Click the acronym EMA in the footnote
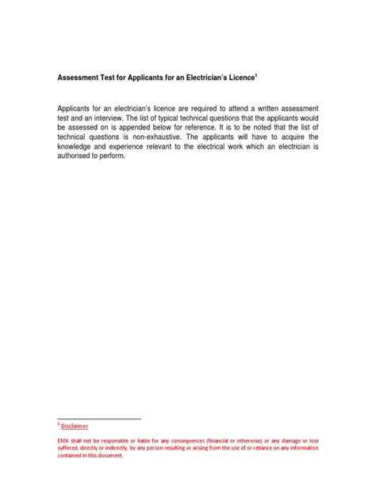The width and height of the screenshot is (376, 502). click(63, 440)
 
